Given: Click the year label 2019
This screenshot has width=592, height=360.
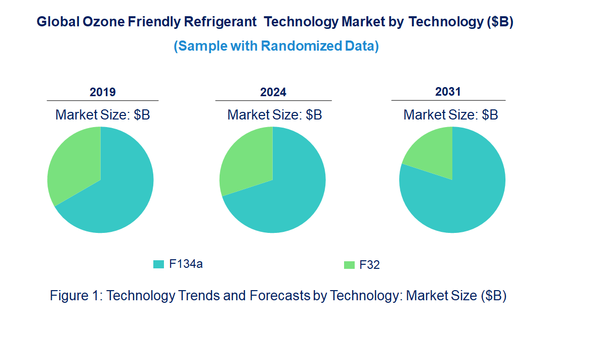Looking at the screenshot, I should click(103, 92).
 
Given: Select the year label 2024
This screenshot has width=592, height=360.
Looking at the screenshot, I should click(273, 92).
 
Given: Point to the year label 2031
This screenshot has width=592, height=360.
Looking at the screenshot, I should click(448, 92).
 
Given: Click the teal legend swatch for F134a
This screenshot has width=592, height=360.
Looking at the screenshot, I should click(159, 264).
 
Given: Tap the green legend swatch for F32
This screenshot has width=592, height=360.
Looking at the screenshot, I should click(349, 265).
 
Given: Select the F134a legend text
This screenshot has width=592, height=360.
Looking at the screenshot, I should click(186, 264).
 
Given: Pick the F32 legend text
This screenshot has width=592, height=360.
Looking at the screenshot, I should click(369, 265).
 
